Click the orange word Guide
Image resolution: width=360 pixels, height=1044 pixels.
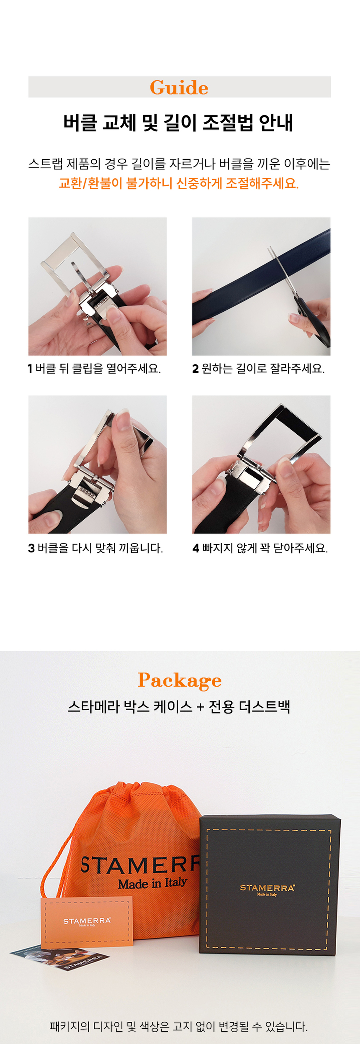pyautogui.click(x=179, y=87)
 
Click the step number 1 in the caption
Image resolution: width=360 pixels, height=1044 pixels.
pyautogui.click(x=30, y=369)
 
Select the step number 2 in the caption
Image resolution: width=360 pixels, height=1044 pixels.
pyautogui.click(x=195, y=369)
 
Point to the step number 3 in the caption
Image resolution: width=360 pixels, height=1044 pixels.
pyautogui.click(x=31, y=548)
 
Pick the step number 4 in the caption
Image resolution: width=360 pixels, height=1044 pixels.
pyautogui.click(x=196, y=548)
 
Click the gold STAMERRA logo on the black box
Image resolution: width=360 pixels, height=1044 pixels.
pyautogui.click(x=267, y=888)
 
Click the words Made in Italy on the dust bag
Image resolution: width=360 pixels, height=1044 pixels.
pyautogui.click(x=152, y=882)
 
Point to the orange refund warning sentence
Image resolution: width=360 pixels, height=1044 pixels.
pyautogui.click(x=179, y=183)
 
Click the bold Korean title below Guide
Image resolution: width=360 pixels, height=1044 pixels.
pyautogui.click(x=178, y=123)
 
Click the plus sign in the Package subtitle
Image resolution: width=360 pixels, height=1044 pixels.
pyautogui.click(x=201, y=707)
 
